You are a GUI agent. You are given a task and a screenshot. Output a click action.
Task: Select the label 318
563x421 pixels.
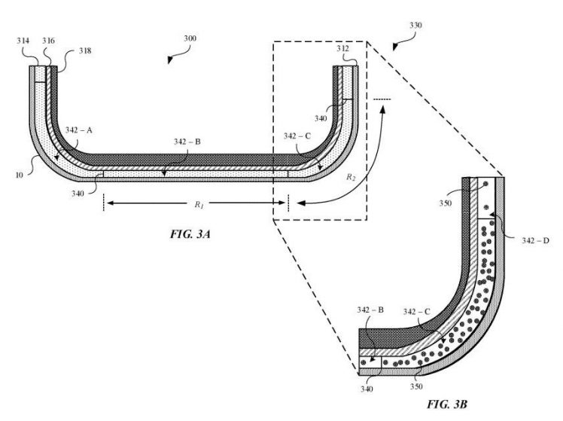click(85, 52)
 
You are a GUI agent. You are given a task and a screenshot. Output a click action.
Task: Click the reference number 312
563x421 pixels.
click(344, 50)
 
